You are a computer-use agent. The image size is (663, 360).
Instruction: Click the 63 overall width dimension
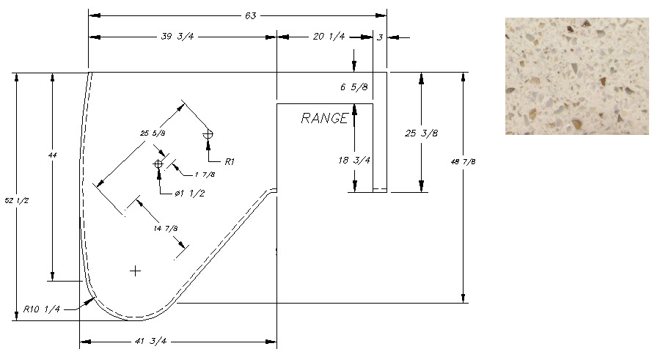point(251,15)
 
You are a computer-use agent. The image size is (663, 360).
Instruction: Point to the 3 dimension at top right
point(380,37)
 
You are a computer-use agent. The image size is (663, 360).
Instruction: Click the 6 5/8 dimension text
point(354,87)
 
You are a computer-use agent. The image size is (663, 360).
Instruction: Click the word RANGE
point(323,118)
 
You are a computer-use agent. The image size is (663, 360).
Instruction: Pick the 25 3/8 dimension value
point(421,133)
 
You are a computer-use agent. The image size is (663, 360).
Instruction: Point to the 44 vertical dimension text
point(52,156)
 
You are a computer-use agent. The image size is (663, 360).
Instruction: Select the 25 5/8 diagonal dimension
point(153,133)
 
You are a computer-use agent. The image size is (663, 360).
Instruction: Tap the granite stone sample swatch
point(576,76)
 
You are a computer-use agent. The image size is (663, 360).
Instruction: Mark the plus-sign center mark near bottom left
point(135,271)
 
